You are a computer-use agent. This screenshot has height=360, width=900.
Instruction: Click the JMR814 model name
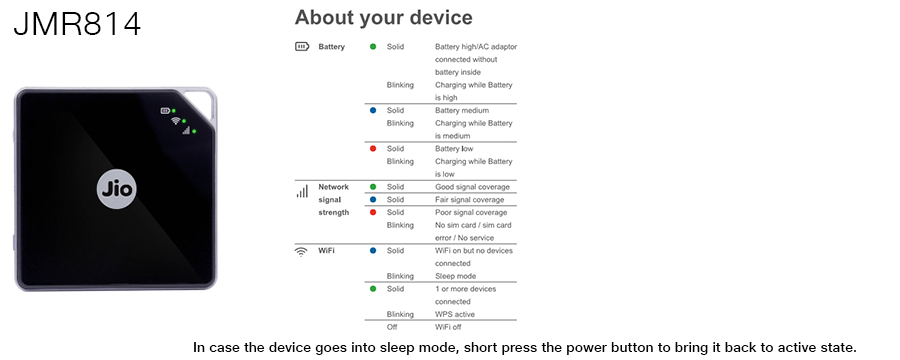[x=77, y=24]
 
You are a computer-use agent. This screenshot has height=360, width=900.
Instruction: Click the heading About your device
[x=383, y=18]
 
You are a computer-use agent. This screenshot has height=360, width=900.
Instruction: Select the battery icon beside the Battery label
[x=302, y=47]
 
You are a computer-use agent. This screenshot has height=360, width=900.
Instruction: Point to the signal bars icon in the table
[x=302, y=190]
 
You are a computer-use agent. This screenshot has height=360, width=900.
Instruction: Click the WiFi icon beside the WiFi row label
[x=301, y=251]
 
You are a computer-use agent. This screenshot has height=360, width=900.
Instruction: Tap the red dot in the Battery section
[x=373, y=148]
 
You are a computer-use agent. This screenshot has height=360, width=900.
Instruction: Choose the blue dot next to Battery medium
[x=373, y=110]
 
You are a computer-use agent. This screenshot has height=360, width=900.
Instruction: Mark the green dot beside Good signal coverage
[x=373, y=187]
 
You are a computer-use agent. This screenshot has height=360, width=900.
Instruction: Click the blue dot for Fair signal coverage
[x=373, y=199]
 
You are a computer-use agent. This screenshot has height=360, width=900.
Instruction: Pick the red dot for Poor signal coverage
[x=373, y=212]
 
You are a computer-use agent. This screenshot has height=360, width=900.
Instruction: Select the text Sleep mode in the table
[x=455, y=276]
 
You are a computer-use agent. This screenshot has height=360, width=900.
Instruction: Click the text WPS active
[x=456, y=314]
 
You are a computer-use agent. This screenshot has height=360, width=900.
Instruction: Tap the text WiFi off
[x=449, y=327]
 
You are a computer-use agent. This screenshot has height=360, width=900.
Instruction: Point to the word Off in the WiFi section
[x=391, y=327]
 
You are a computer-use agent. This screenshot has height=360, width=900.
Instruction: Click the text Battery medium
[x=462, y=110]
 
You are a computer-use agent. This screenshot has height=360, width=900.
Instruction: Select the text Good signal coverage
[x=472, y=187]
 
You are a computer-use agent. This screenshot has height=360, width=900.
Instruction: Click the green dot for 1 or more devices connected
[x=373, y=289]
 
